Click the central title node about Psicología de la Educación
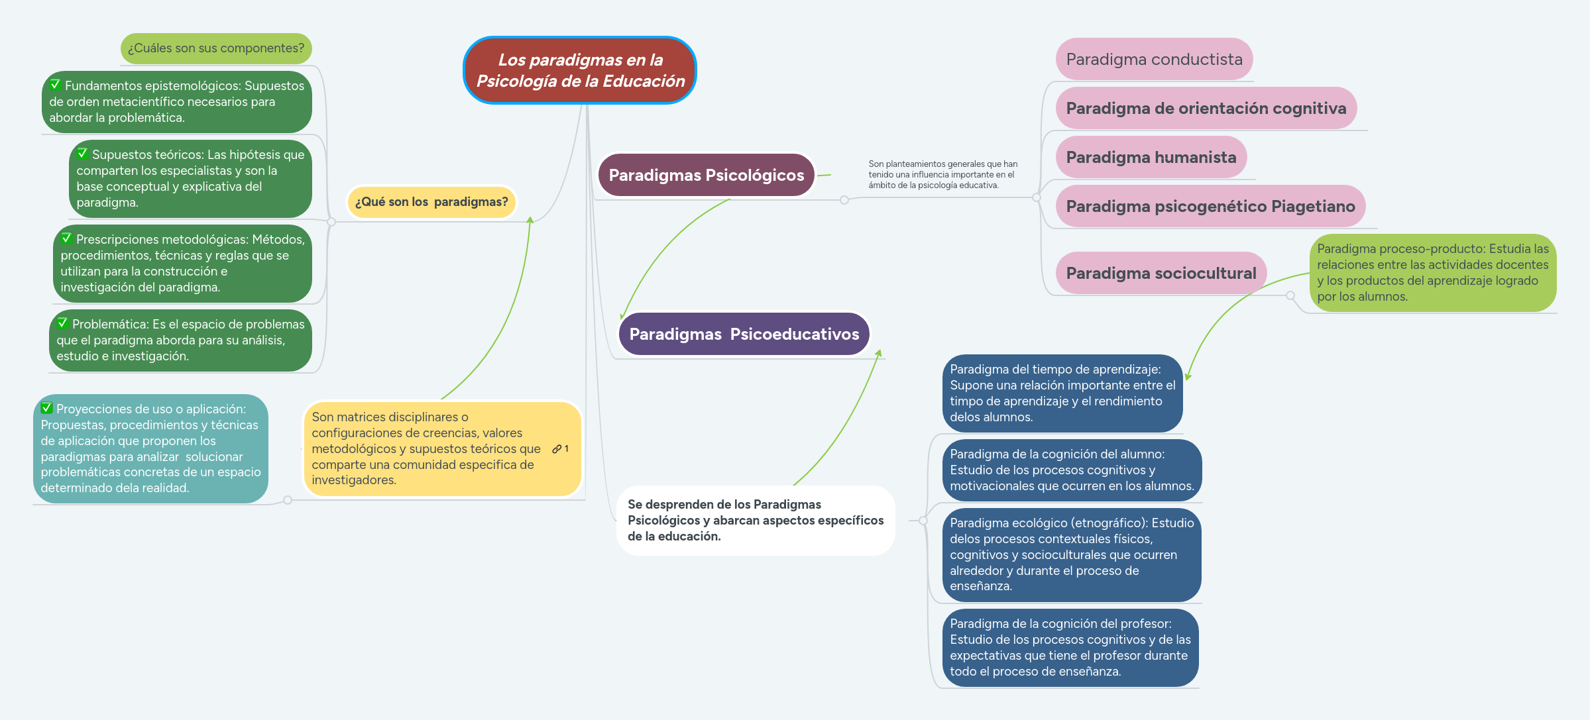tap(580, 70)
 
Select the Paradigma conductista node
tap(1154, 60)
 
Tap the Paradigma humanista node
tap(1151, 158)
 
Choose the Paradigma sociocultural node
tap(1161, 273)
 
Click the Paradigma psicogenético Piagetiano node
tap(1210, 207)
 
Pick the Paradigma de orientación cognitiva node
tap(1206, 109)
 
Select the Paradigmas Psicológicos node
tap(706, 176)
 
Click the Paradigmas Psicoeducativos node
tap(744, 334)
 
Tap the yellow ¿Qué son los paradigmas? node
tap(431, 202)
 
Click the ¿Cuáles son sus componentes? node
tap(216, 48)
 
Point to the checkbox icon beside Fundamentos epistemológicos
tap(56, 85)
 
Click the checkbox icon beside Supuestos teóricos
tap(83, 154)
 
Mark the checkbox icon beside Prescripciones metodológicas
tap(67, 238)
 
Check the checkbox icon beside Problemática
tap(63, 323)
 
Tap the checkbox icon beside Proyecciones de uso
tap(47, 408)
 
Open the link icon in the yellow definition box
tap(557, 449)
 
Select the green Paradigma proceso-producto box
tap(1432, 273)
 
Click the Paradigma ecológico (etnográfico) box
tap(1071, 554)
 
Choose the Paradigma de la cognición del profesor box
tap(1070, 647)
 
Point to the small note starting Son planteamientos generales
tap(942, 175)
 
